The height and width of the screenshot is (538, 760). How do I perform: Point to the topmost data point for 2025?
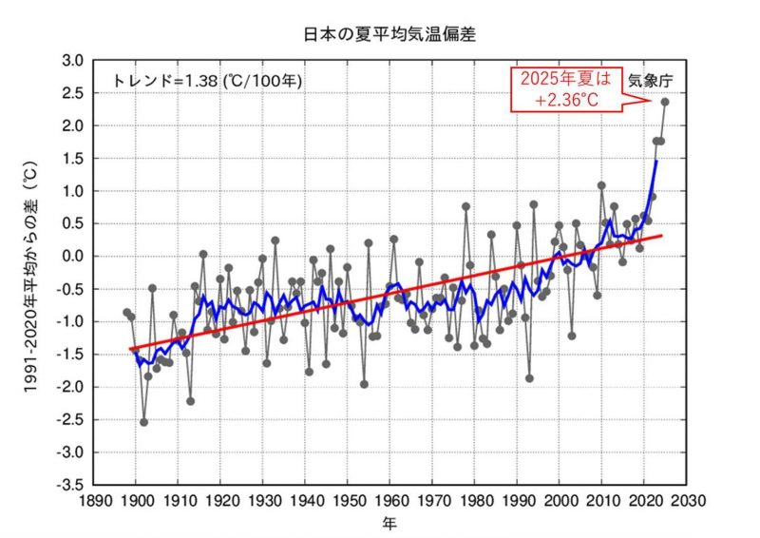tap(665, 102)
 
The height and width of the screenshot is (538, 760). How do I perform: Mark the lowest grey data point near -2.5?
tap(144, 422)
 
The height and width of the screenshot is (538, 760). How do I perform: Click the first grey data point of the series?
tap(126, 312)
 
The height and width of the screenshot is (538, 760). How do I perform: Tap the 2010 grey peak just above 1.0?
tap(601, 185)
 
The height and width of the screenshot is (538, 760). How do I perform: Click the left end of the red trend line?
tap(130, 349)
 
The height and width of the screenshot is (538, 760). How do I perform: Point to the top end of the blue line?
tap(656, 163)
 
